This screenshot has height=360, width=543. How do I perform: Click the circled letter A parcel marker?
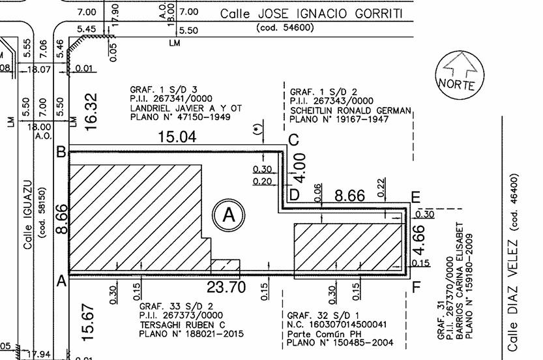pyautogui.click(x=229, y=215)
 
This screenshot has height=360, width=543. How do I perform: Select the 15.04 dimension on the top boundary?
pyautogui.click(x=177, y=136)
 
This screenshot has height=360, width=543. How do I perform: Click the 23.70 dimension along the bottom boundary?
pyautogui.click(x=226, y=287)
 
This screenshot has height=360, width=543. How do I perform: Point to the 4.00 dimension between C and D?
pyautogui.click(x=301, y=168)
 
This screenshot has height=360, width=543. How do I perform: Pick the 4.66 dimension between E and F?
pyautogui.click(x=418, y=240)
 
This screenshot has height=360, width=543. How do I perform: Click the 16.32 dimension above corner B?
pyautogui.click(x=91, y=112)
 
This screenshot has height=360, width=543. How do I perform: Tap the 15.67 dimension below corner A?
pyautogui.click(x=88, y=323)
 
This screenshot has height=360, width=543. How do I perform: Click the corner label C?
pyautogui.click(x=293, y=140)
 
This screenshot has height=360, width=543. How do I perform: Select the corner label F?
pyautogui.click(x=417, y=287)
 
